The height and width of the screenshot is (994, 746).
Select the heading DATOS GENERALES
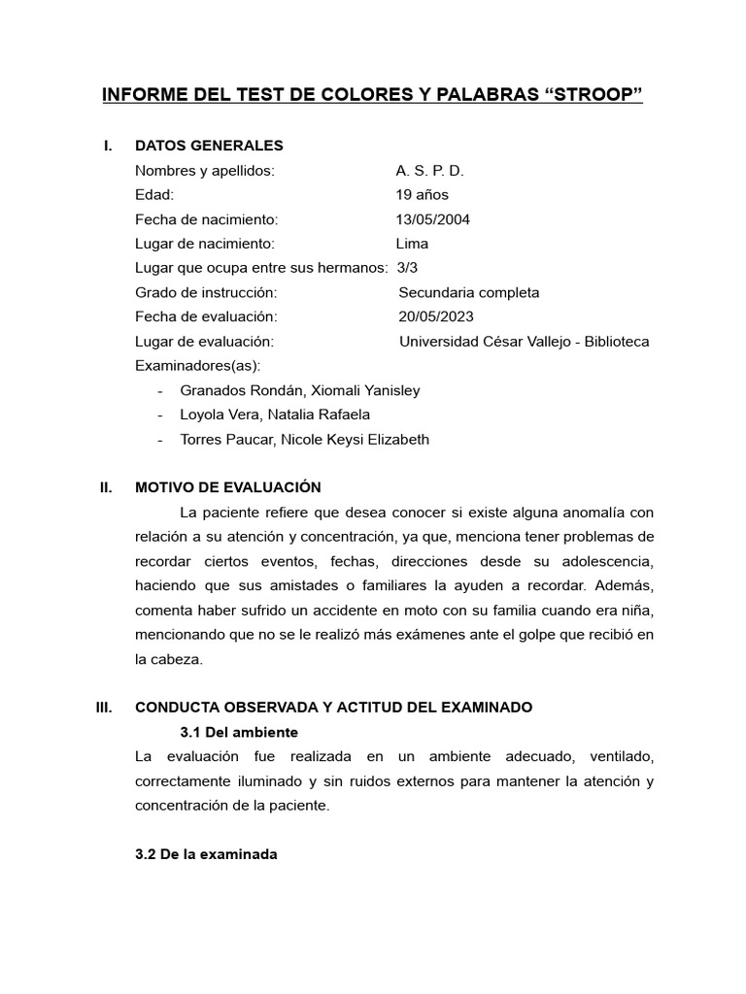pos(209,146)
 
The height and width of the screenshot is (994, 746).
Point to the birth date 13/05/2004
pos(433,219)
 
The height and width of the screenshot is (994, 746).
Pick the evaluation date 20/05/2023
pos(436,316)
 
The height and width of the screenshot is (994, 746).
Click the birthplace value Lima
pos(412,244)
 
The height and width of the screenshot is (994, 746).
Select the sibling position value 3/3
pos(407,268)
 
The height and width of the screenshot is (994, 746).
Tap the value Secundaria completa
pos(469,292)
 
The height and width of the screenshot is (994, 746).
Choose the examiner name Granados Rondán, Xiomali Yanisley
pos(300,390)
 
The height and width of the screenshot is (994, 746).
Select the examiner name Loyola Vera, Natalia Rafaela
pos(275,414)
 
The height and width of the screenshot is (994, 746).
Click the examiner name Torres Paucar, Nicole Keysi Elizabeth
pos(304,440)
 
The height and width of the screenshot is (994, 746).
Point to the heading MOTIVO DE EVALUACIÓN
pos(227,487)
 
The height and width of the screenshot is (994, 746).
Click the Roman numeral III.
pos(105,708)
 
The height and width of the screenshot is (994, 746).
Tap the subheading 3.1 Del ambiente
pos(239,732)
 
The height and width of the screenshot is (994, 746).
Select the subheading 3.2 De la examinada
pos(206,854)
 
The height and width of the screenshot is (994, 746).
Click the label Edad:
pos(154,195)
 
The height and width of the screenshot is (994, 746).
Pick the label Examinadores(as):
pos(198,366)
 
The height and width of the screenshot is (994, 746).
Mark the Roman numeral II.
pos(107,487)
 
